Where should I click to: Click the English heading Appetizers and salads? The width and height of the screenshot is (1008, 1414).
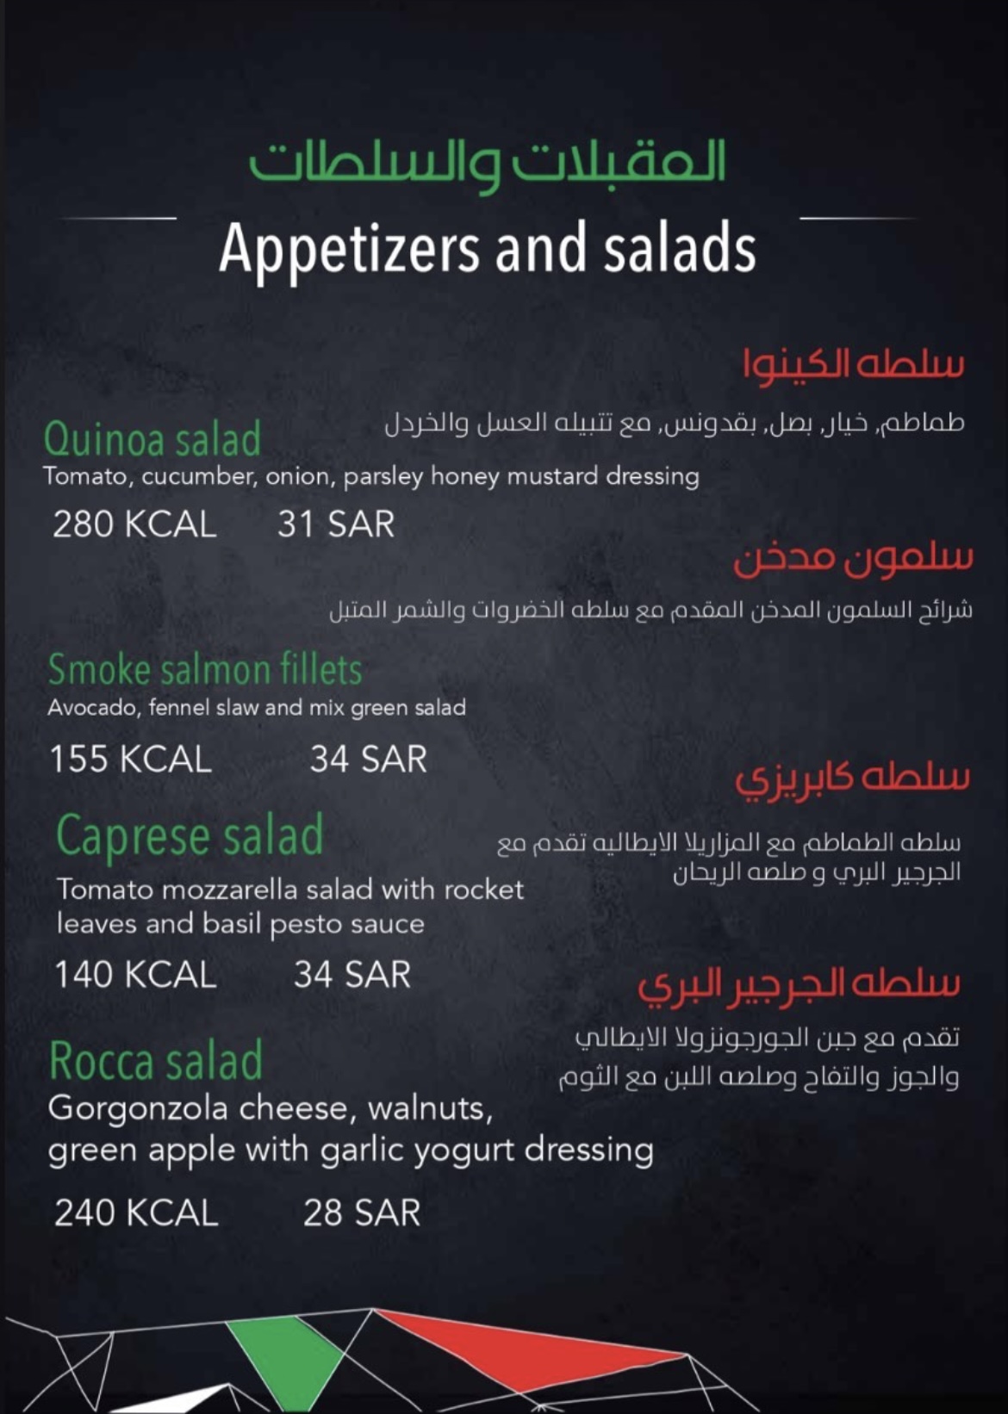488,248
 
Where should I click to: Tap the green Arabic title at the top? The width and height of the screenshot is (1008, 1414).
488,164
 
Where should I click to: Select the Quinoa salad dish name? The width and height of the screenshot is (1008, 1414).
152,439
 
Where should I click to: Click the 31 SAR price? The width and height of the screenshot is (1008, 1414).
335,524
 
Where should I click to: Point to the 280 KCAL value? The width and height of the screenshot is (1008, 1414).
134,524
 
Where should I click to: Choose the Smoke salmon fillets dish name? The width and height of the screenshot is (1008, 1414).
205,670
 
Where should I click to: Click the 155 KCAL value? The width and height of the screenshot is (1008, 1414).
130,760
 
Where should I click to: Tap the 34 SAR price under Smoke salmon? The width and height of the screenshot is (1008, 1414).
368,760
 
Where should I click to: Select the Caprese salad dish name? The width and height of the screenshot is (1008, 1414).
190,835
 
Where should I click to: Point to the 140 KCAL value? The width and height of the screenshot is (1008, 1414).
135,975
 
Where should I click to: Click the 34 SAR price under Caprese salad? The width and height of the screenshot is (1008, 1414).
352,975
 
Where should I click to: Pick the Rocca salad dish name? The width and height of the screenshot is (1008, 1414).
156,1061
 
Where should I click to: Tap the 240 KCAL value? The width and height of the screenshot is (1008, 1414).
136,1213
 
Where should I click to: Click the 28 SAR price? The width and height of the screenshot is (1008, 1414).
361,1213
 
